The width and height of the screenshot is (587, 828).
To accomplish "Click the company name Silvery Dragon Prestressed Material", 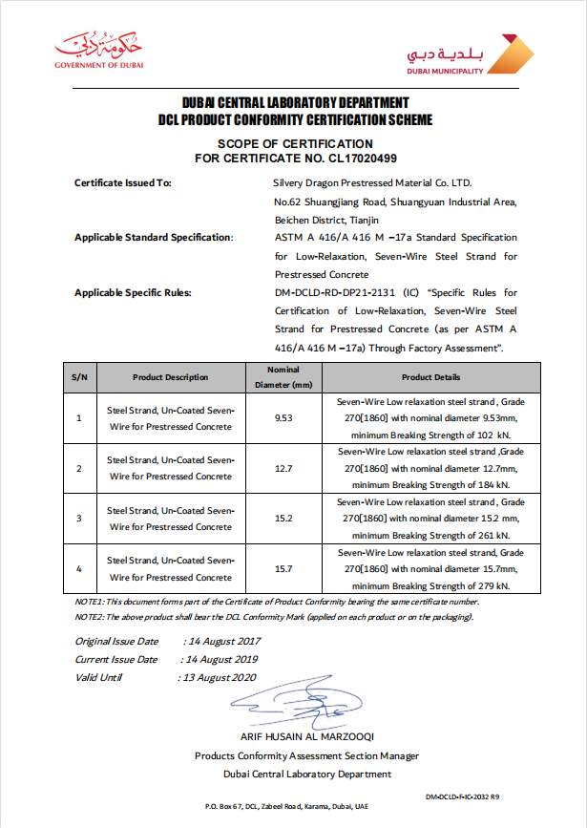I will pos(372,182).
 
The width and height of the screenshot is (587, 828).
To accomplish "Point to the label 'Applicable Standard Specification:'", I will pos(154,237).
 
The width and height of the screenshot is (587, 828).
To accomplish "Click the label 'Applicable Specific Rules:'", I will pos(133,292).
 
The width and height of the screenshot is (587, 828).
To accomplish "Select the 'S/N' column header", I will pos(79,377).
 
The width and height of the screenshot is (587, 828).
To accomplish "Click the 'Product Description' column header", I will pos(170,377).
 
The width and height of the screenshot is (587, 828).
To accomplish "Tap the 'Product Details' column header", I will pos(430,377).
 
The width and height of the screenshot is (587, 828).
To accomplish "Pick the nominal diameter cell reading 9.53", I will pos(283,418).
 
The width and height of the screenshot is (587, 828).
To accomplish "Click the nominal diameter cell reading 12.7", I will pos(283,469).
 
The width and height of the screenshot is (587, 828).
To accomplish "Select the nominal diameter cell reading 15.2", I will pos(283,520).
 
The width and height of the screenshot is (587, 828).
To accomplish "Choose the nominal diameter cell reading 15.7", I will pos(283,569).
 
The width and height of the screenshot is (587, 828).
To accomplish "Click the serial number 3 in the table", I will pos(79,520).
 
